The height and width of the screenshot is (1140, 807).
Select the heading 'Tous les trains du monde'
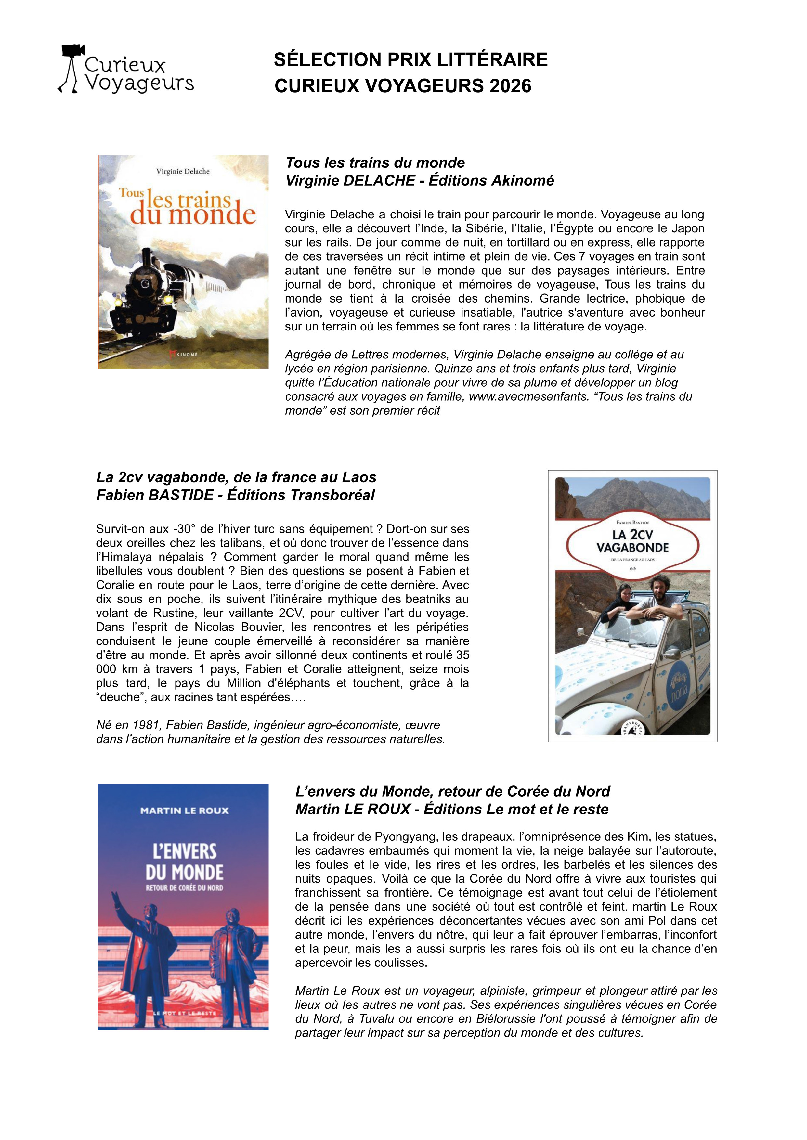(x=375, y=163)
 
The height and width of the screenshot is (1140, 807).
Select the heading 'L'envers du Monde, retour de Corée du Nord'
(x=452, y=791)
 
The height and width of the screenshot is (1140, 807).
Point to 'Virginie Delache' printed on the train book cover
(x=183, y=171)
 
